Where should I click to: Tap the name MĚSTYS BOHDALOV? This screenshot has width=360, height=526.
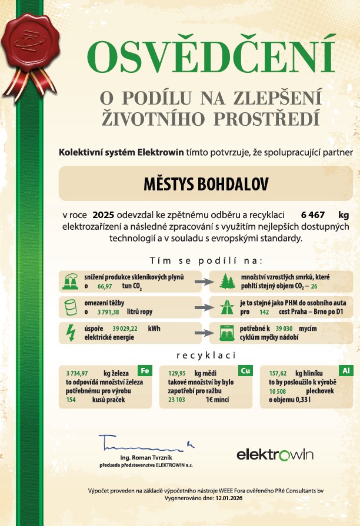pos(206,183)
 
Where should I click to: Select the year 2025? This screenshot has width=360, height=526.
pos(104,214)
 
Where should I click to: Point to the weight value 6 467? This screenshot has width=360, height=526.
pos(312,214)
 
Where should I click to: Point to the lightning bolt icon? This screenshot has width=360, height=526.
pos(70,333)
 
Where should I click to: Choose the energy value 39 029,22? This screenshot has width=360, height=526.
pos(125,329)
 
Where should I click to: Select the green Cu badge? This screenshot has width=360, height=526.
pos(245,370)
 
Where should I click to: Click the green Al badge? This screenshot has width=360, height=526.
pos(345,370)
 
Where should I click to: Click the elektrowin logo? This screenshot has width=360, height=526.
pos(275,454)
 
